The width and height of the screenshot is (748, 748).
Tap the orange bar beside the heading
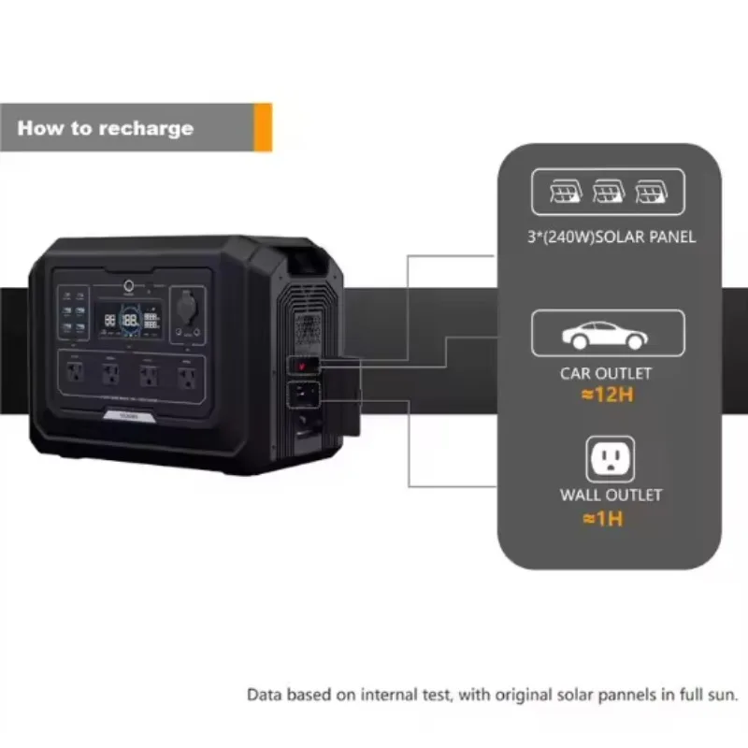(x=263, y=127)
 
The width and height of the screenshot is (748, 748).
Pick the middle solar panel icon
(x=608, y=194)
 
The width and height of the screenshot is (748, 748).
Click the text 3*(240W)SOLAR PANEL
(x=609, y=237)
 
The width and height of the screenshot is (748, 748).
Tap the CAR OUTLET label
(x=606, y=374)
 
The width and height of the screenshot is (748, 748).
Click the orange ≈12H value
(x=608, y=395)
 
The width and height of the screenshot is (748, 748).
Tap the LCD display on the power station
(x=129, y=322)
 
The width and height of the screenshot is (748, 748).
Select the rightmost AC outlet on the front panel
(x=185, y=377)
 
